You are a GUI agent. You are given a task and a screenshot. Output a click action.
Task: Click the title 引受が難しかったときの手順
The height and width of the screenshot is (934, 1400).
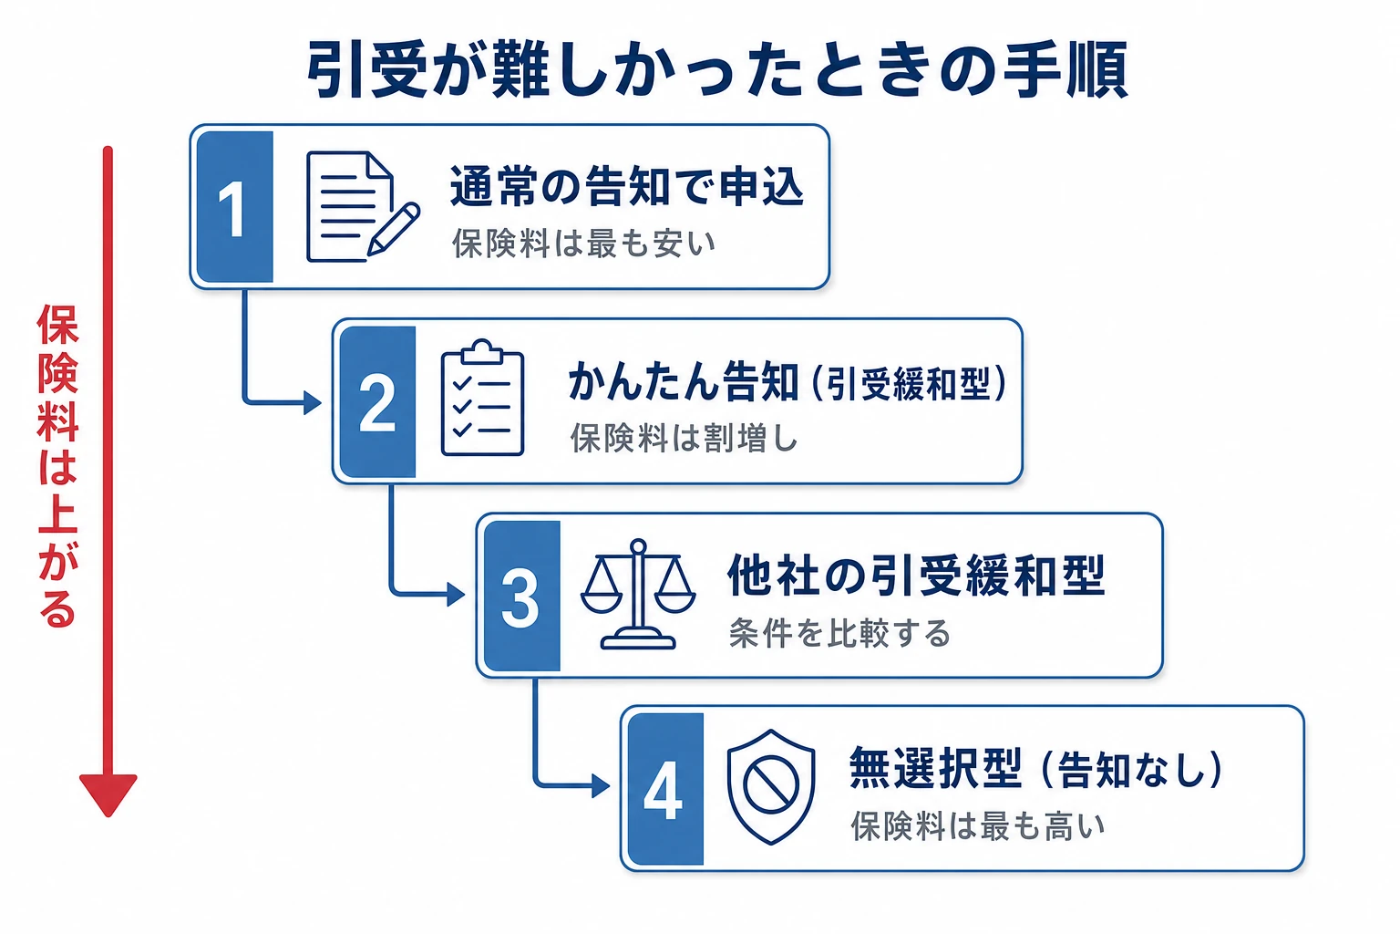pos(717,69)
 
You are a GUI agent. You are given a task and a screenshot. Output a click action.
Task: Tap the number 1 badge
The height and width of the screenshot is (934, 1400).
pos(234,207)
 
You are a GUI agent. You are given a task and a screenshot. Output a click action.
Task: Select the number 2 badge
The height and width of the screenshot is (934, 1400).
pos(376,401)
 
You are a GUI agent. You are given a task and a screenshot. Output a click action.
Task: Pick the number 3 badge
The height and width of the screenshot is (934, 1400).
pos(521,597)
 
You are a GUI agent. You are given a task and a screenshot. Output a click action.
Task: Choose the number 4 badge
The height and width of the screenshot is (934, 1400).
pos(665,789)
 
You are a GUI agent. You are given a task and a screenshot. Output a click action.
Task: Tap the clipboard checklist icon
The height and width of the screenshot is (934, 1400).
pos(482,398)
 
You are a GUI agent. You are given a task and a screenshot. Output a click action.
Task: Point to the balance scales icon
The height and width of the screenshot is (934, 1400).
pos(637,594)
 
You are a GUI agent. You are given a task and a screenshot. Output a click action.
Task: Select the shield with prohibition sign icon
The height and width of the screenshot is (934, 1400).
pos(770,787)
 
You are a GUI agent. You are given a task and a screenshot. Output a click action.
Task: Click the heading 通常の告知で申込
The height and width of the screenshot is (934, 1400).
pos(626,186)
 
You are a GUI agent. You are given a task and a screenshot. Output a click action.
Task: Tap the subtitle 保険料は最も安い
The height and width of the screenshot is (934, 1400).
pos(583,244)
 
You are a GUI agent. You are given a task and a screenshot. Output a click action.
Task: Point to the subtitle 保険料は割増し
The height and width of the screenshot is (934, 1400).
pos(684,438)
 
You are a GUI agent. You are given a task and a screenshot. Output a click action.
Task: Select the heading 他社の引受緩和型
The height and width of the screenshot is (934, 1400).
pos(916,576)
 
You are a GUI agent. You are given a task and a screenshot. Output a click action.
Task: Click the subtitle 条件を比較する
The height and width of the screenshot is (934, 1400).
pos(839,633)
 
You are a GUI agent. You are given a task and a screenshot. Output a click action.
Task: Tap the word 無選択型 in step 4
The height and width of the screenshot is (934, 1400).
pos(935,768)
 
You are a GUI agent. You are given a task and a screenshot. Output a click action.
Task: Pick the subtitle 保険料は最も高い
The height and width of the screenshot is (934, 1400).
pos(977,825)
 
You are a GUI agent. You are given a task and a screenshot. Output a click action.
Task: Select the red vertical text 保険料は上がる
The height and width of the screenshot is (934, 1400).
pos(57,466)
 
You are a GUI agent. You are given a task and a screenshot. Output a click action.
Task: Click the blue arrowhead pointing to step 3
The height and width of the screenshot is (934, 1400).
pos(456,594)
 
